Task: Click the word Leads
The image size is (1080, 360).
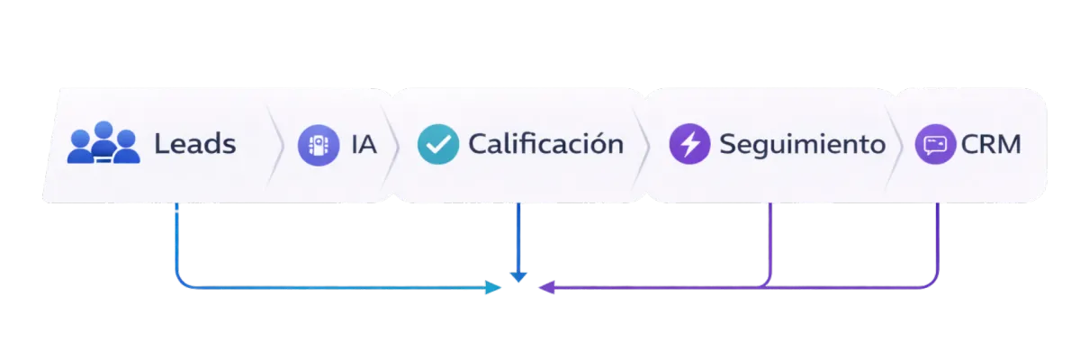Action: pos(194,144)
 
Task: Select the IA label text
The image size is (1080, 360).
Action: pos(364,144)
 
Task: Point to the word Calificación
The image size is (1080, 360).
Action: pos(545,144)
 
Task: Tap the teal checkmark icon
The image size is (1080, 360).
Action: pos(438,144)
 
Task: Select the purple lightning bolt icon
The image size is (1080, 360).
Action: pos(690,144)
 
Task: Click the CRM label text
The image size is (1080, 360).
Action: pos(991,144)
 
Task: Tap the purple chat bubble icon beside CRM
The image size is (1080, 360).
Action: pos(935,144)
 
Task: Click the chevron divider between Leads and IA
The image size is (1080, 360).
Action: pos(276,144)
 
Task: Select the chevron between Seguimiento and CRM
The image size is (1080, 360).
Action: pos(895,144)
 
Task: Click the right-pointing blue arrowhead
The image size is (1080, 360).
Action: pos(494,288)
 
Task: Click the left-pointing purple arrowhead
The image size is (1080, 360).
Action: pos(544,288)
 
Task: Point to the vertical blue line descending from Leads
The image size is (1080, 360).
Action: pos(175,238)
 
